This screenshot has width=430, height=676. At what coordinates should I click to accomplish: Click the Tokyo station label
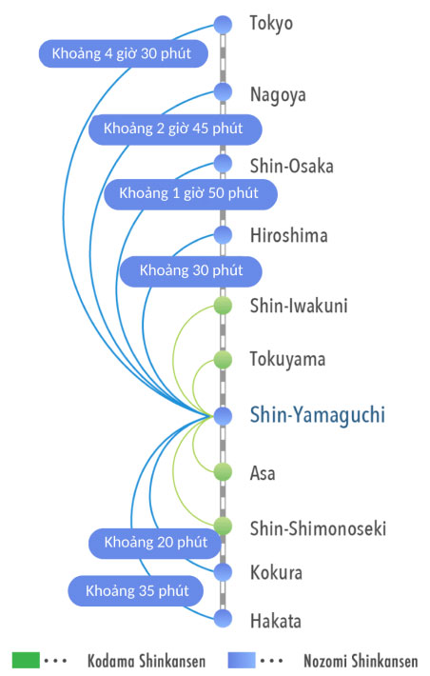[x=271, y=23]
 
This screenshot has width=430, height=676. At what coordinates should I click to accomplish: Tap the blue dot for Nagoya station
[x=224, y=92]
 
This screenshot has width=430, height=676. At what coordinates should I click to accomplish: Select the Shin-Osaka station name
[x=291, y=166]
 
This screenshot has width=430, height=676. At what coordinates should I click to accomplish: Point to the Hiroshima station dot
[x=224, y=234]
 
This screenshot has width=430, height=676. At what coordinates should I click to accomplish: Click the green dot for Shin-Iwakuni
[x=224, y=306]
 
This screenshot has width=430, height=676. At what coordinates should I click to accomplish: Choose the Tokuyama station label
[x=287, y=359]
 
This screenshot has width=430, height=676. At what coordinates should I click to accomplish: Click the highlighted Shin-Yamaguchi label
[x=317, y=415]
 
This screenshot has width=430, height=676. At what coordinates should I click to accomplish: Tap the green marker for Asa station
[x=224, y=471]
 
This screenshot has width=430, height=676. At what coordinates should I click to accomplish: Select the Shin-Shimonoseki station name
[x=318, y=527]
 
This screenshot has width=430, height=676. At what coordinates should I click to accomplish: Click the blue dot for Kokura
[x=224, y=572]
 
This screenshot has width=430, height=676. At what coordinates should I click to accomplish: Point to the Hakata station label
[x=275, y=621]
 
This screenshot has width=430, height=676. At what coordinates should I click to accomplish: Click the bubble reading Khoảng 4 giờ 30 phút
[x=124, y=53]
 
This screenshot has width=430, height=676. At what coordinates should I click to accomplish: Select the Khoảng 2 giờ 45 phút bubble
[x=175, y=129]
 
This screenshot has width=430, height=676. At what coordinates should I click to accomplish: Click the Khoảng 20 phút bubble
[x=156, y=543]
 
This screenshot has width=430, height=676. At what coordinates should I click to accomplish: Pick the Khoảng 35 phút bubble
[x=136, y=591]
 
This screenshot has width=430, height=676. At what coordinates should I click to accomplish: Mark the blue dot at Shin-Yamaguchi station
[x=224, y=416]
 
